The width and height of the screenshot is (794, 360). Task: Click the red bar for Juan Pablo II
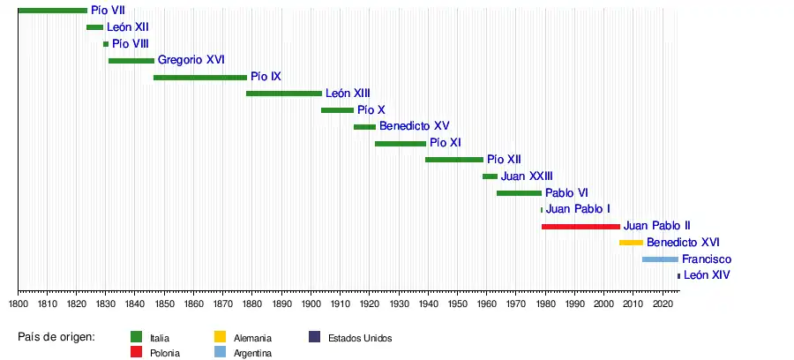point(581,227)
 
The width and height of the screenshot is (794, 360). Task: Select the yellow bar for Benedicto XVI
point(631,243)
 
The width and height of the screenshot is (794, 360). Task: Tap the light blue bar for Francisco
point(660,259)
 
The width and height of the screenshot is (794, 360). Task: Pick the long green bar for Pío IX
point(200,78)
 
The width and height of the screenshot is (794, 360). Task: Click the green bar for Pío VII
point(52,11)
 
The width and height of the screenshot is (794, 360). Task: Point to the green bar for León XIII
point(284,94)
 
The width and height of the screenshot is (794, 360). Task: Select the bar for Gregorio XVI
point(131,61)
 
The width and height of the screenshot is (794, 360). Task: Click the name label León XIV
point(707,276)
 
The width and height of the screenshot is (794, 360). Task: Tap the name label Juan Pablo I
point(578,209)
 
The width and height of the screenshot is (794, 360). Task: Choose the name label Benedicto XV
point(415,126)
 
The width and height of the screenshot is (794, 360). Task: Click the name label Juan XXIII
point(527,176)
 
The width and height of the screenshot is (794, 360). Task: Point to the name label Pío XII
point(504,160)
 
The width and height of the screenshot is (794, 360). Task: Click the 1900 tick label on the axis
point(311,304)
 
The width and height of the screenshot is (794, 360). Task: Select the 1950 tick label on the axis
point(457,304)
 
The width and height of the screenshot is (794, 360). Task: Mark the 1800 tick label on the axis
point(19,304)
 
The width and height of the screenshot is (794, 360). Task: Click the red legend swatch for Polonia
point(137,353)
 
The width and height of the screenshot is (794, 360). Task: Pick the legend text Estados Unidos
point(359,338)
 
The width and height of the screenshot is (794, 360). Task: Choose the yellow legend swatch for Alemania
point(219,337)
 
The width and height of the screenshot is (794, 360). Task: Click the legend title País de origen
point(56,337)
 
